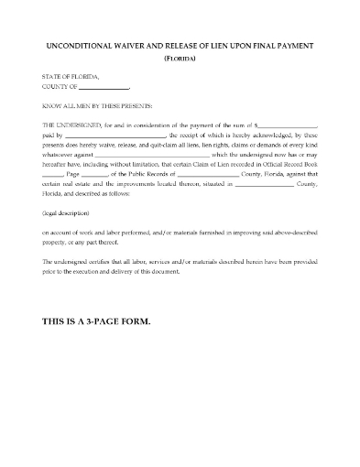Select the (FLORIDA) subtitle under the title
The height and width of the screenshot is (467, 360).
[x=180, y=58]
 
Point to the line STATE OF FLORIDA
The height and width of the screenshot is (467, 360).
[x=70, y=77]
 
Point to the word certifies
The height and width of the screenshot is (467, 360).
[x=104, y=263]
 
